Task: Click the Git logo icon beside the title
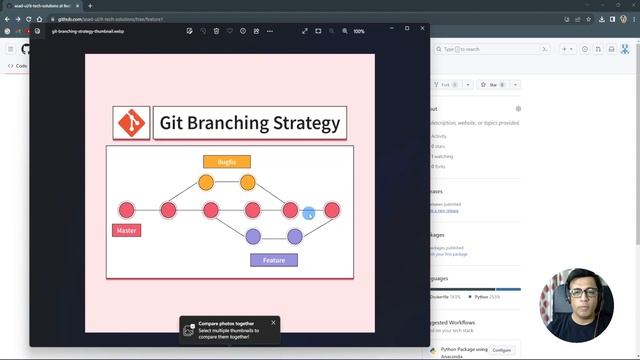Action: click(131, 123)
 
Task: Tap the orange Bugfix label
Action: click(227, 161)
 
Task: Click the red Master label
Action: click(126, 230)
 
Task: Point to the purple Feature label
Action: click(274, 260)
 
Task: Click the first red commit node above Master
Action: click(126, 210)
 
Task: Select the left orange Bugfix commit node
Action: click(206, 182)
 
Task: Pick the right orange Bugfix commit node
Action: click(248, 182)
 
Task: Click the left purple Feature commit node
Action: click(253, 237)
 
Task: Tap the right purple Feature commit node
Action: click(295, 237)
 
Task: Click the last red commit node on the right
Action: click(332, 210)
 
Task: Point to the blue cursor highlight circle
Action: click(309, 213)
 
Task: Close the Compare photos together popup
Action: click(273, 323)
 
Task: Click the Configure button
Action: click(502, 350)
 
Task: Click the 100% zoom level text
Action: click(359, 31)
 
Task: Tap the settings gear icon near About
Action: click(518, 108)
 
